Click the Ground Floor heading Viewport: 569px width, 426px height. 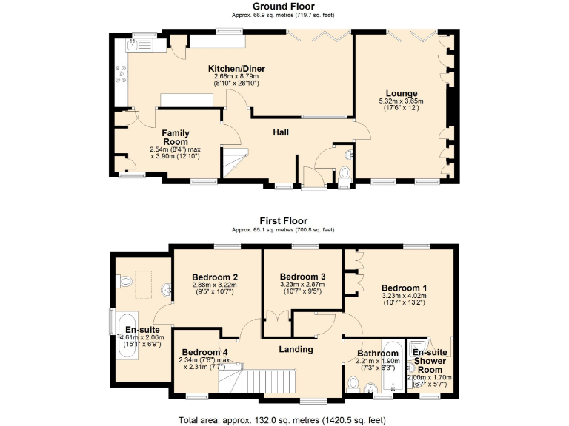[x=283, y=7]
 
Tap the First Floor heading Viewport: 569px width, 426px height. [x=283, y=220]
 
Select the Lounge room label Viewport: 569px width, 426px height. [x=400, y=93]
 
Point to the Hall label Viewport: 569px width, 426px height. [x=280, y=132]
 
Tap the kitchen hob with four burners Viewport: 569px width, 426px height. [x=120, y=72]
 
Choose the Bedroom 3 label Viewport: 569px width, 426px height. [x=303, y=276]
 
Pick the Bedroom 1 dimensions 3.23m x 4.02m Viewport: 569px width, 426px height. [x=405, y=297]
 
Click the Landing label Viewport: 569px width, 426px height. [x=296, y=349]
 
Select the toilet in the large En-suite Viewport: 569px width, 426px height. [x=124, y=280]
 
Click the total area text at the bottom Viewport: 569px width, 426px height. [x=282, y=420]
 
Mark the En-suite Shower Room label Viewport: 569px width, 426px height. [x=428, y=361]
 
